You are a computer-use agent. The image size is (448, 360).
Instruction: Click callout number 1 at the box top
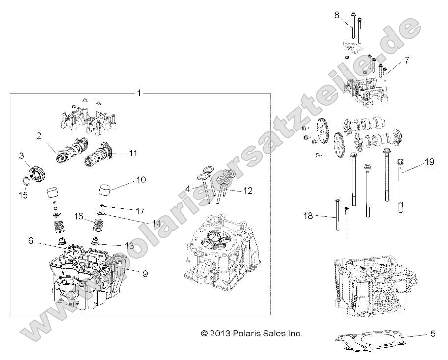139,93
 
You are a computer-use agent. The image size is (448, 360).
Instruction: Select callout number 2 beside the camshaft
38,137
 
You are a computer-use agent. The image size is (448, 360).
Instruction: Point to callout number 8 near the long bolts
337,15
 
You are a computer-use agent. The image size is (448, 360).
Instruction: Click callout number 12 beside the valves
247,191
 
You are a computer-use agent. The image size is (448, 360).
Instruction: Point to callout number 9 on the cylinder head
145,274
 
